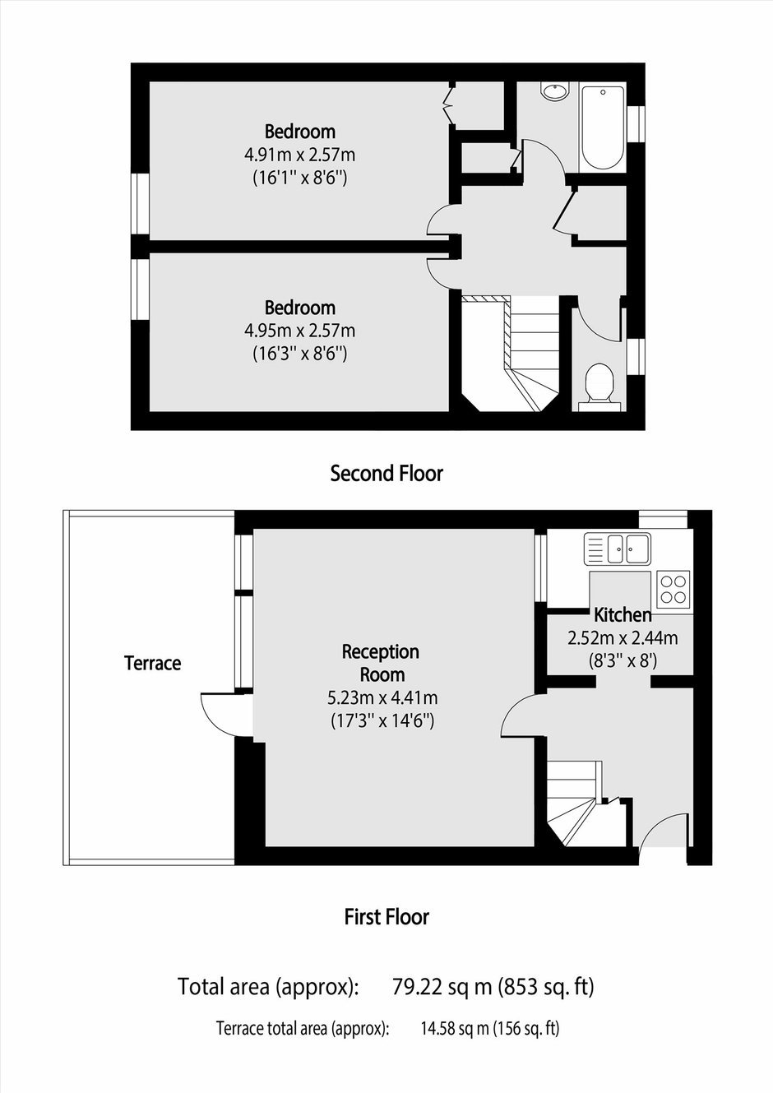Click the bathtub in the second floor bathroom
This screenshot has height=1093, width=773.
pos(603,127)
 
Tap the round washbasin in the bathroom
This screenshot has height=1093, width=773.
pos(554,91)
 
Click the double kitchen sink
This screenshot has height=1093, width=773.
pos(618,548)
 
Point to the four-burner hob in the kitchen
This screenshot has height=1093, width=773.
pos(673,589)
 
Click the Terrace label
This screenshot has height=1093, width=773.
pos(152,663)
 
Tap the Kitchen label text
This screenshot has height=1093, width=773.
pos(623,615)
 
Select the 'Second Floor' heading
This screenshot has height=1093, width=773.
pos(386,474)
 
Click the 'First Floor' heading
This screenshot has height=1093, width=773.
pos(386,917)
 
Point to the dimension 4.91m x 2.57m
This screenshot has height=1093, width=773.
pos(299,155)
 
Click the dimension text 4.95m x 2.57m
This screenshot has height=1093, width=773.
pos(299,331)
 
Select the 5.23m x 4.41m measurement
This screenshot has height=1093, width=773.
pos(382,698)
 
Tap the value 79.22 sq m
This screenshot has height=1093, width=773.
pos(442,987)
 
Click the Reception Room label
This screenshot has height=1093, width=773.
pos(381,663)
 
